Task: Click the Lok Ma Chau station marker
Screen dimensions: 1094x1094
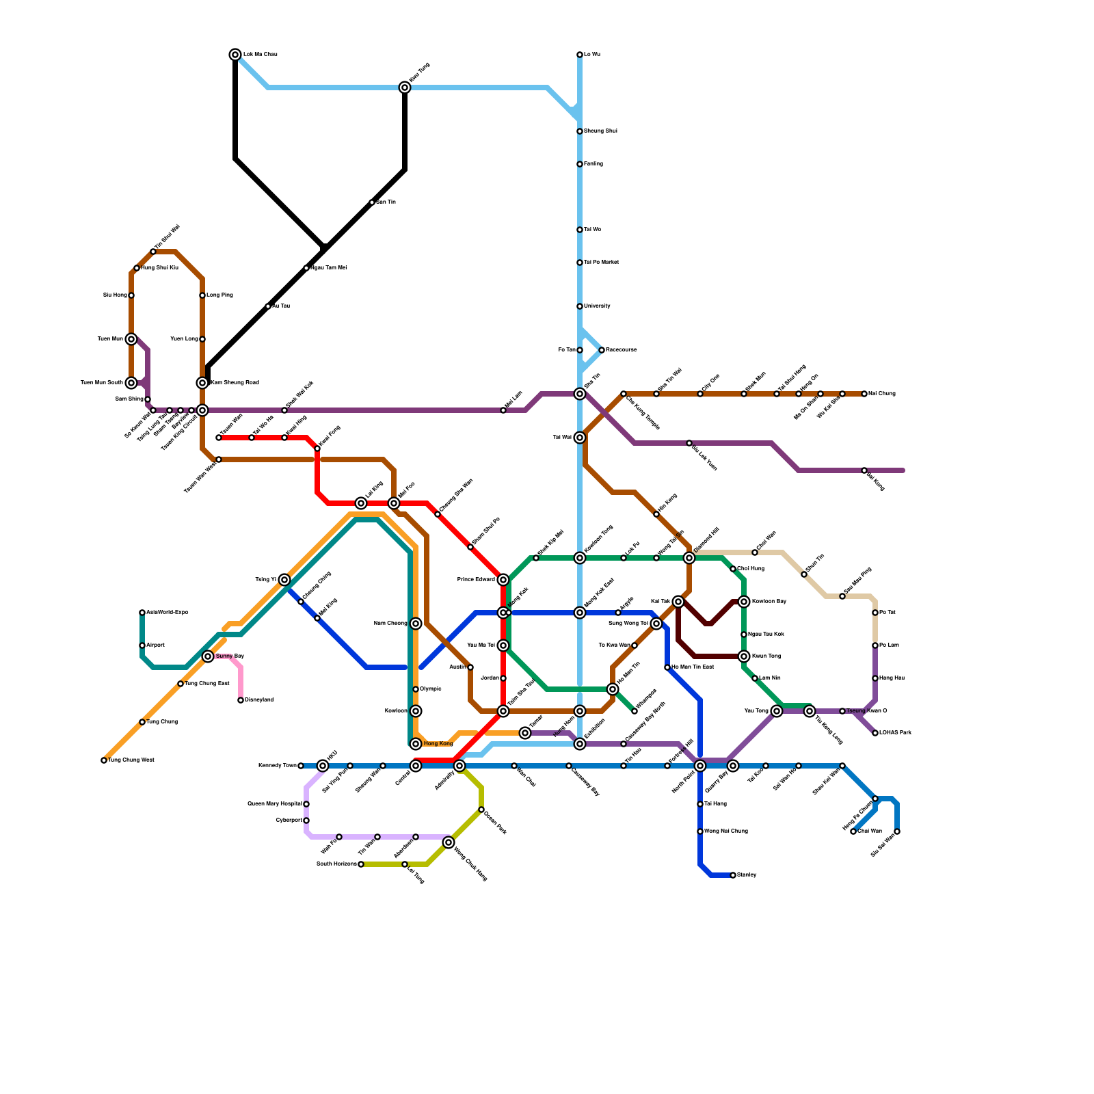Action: pyautogui.click(x=235, y=55)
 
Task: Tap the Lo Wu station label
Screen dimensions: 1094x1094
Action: pyautogui.click(x=592, y=55)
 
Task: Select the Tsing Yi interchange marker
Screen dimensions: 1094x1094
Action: pyautogui.click(x=284, y=580)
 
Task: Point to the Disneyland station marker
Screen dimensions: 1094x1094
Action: pyautogui.click(x=241, y=700)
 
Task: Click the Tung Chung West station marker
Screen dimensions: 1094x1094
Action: pyautogui.click(x=104, y=760)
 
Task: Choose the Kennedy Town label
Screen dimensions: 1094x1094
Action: pyautogui.click(x=277, y=766)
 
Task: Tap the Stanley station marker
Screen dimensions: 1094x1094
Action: pyautogui.click(x=733, y=875)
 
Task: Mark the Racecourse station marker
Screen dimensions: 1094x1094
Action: pyautogui.click(x=602, y=350)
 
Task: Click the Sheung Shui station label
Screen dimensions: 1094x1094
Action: pyautogui.click(x=600, y=131)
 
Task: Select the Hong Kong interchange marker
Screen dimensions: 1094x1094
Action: pyautogui.click(x=416, y=744)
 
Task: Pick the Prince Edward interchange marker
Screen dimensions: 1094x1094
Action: pyautogui.click(x=503, y=580)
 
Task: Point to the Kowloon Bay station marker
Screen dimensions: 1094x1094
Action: pyautogui.click(x=744, y=602)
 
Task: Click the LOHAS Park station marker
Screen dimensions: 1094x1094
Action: pyautogui.click(x=875, y=733)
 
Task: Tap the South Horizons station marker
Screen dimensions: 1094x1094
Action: pyautogui.click(x=361, y=864)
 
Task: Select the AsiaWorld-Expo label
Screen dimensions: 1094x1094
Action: pyautogui.click(x=167, y=613)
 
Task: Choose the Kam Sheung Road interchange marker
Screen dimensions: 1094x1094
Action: pyautogui.click(x=202, y=383)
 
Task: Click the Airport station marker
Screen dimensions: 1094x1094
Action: pyautogui.click(x=142, y=645)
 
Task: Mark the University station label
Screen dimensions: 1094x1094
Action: pyautogui.click(x=597, y=306)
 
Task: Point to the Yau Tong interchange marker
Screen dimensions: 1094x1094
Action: pyautogui.click(x=777, y=711)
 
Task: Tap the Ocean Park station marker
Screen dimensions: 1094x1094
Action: pyautogui.click(x=481, y=810)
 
